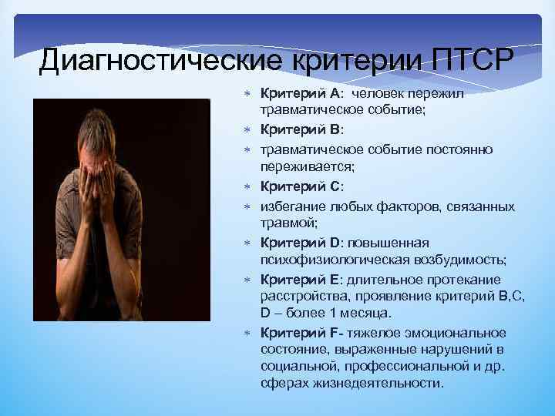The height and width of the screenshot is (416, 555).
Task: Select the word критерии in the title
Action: point(334,59)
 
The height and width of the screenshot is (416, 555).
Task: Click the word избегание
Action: point(294,206)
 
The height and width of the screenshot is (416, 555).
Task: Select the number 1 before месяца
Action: point(336,313)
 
